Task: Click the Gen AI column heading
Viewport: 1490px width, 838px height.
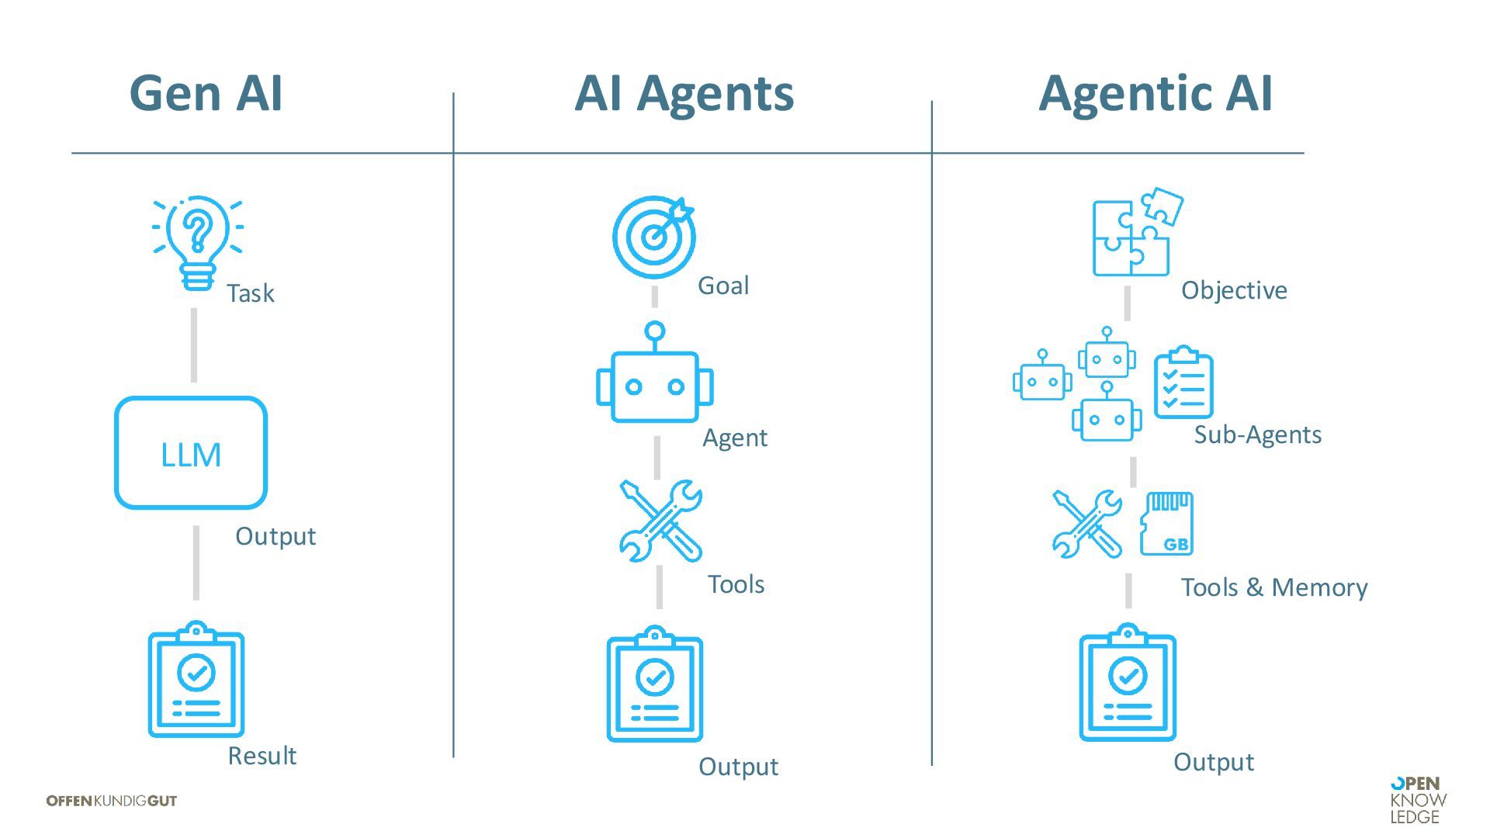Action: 206,93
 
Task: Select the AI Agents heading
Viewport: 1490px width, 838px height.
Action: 684,93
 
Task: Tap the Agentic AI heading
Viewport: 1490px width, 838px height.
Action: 1155,93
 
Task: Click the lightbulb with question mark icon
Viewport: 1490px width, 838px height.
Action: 197,241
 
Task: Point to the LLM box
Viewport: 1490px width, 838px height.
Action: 191,453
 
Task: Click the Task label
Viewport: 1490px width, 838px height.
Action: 250,293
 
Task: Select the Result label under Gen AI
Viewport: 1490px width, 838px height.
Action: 262,755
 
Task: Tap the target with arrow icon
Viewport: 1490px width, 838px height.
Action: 653,236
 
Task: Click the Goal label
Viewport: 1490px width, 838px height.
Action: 723,286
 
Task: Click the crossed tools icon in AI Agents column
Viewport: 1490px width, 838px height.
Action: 660,520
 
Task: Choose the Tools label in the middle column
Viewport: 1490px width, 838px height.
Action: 736,583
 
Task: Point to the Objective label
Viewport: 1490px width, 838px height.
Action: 1234,290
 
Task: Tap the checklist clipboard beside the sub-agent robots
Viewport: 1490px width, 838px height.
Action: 1183,383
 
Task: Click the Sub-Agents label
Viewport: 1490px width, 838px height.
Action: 1257,435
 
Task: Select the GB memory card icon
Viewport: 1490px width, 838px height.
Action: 1166,524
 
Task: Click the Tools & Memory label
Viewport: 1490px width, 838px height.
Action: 1274,587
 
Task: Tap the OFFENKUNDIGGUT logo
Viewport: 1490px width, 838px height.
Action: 112,801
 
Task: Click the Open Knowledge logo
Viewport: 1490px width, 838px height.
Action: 1419,800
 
